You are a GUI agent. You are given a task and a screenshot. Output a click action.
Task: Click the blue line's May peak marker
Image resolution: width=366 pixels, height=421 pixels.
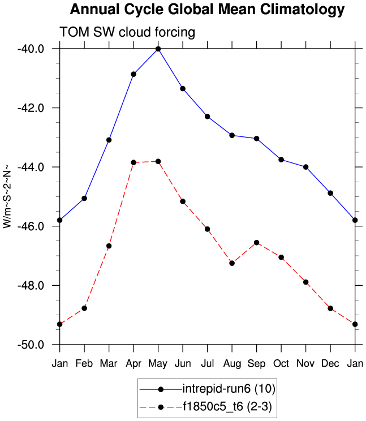pyautogui.click(x=158, y=49)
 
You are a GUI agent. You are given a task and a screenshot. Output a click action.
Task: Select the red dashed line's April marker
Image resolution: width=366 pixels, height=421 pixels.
pyautogui.click(x=134, y=162)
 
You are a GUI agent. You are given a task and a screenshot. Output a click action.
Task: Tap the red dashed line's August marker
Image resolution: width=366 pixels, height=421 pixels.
pyautogui.click(x=232, y=263)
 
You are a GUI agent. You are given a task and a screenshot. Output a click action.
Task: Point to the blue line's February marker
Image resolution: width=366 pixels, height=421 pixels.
pyautogui.click(x=84, y=198)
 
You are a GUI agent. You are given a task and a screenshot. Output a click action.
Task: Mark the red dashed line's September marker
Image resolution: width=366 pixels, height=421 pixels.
pyautogui.click(x=257, y=243)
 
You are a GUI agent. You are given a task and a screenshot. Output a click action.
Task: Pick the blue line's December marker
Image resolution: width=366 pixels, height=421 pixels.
pyautogui.click(x=330, y=193)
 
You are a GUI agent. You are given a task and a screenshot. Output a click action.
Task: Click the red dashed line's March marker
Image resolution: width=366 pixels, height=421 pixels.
pyautogui.click(x=109, y=246)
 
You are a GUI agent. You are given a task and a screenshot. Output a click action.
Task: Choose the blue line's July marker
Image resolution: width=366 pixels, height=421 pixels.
pyautogui.click(x=208, y=117)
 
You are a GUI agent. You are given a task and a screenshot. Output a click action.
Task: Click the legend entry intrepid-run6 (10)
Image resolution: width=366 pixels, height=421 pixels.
pyautogui.click(x=229, y=389)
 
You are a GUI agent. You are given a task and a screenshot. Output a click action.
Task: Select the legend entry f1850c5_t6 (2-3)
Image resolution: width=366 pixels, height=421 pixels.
pyautogui.click(x=229, y=406)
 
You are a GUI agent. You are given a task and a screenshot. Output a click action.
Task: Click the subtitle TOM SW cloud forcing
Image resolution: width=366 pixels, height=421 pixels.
pyautogui.click(x=127, y=33)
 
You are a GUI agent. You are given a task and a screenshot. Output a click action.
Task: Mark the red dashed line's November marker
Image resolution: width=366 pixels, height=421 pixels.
pyautogui.click(x=306, y=282)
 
